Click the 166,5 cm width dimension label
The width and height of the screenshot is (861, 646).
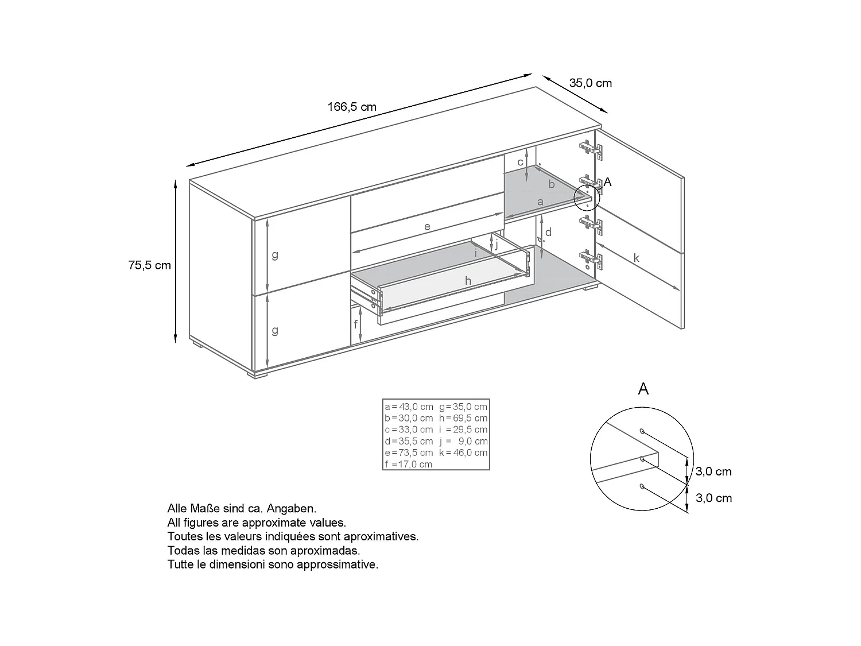[x=352, y=107]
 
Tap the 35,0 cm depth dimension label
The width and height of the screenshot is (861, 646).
[x=590, y=83]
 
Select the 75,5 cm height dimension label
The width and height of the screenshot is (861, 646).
[x=150, y=265]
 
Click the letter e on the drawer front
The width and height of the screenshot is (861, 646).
[x=427, y=227]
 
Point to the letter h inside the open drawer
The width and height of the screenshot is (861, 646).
[x=468, y=281]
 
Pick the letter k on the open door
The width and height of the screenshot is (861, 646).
[x=636, y=258]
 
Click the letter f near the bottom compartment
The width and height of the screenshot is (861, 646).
[x=356, y=324]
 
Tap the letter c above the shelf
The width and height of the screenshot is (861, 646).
[x=520, y=163]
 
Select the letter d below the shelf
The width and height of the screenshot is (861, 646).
[x=549, y=233]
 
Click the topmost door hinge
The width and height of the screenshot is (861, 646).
[x=591, y=148]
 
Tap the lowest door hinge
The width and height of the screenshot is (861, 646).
[x=592, y=260]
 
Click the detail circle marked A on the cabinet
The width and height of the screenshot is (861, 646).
[x=587, y=198]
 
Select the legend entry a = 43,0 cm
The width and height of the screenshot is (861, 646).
[x=409, y=407]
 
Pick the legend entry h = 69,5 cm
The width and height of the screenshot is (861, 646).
[x=463, y=418]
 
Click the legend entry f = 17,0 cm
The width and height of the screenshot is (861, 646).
[x=409, y=464]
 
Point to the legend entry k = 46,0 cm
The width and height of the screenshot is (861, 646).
[x=463, y=452]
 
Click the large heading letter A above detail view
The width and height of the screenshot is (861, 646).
[x=643, y=389]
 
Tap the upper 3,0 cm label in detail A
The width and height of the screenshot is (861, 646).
[x=713, y=472]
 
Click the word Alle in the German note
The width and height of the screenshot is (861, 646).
[x=177, y=509]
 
